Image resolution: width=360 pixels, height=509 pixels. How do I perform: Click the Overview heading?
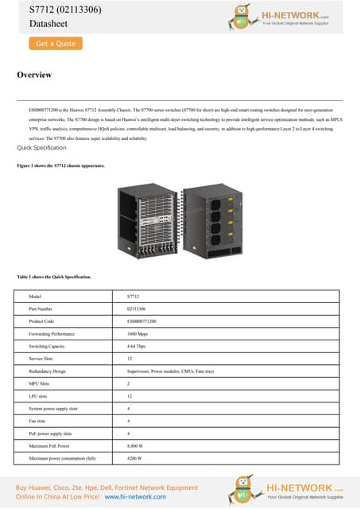click(34, 75)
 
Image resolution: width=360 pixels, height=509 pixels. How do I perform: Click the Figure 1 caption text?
click(60, 165)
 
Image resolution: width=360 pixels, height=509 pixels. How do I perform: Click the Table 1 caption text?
click(54, 277)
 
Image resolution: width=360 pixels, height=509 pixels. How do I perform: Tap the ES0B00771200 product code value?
click(141, 321)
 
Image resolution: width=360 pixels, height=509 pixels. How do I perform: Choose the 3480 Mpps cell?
click(137, 334)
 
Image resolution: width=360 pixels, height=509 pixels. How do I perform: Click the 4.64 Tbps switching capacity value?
click(137, 347)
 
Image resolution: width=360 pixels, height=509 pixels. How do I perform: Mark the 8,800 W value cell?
click(135, 445)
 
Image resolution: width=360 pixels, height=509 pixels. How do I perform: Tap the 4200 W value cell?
click(134, 458)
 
